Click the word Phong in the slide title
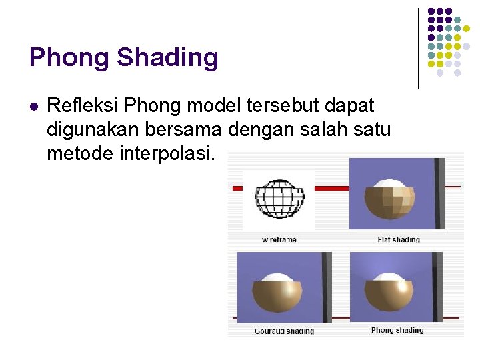click(x=69, y=59)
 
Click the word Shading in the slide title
click(x=167, y=59)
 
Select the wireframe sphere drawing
click(x=279, y=199)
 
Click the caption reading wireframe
click(x=279, y=239)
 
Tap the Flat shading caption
click(x=399, y=239)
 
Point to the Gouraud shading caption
click(x=284, y=331)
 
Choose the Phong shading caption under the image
click(x=397, y=330)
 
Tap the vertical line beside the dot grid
click(x=418, y=48)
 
